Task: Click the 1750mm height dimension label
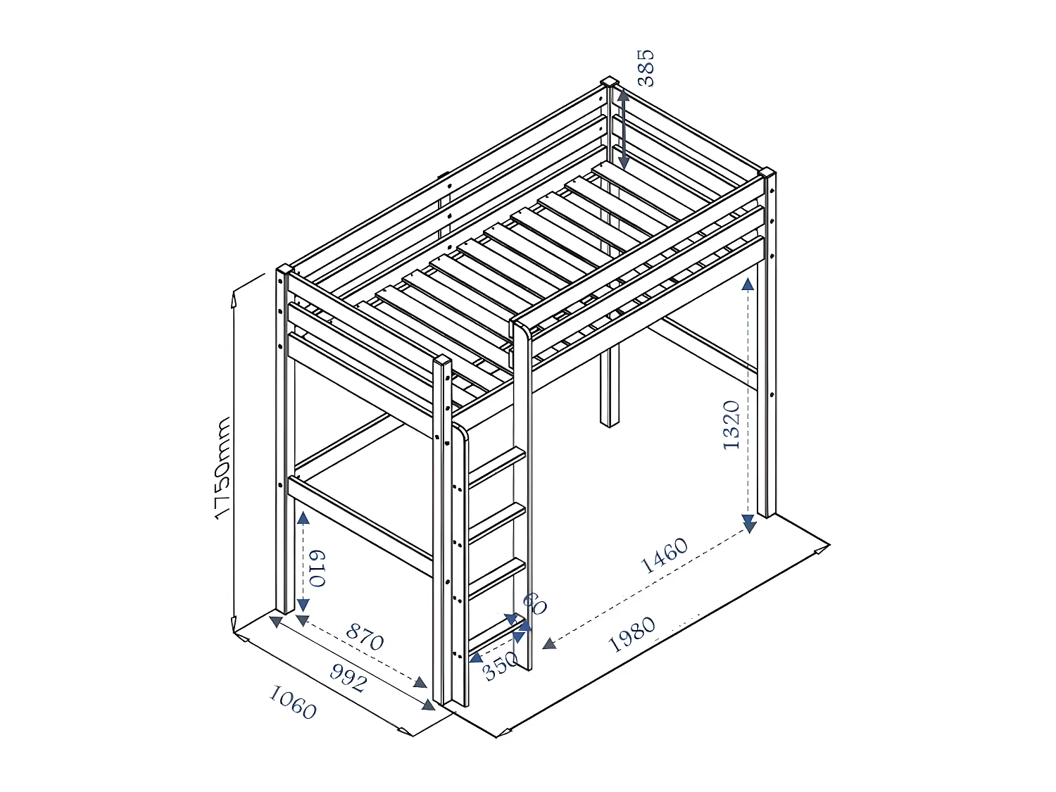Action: click(x=222, y=469)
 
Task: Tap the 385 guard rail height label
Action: click(x=645, y=68)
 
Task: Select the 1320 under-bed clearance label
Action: click(x=731, y=425)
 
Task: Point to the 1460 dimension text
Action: click(x=664, y=555)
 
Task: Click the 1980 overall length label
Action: click(x=631, y=634)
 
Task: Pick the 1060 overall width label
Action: click(x=292, y=703)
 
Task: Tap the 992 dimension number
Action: click(x=348, y=678)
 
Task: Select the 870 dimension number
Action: click(x=365, y=636)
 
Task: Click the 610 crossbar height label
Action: click(x=318, y=567)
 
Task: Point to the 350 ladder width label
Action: click(x=500, y=665)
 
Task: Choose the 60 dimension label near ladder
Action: click(x=534, y=603)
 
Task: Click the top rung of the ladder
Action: click(x=497, y=465)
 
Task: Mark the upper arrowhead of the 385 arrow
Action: click(x=623, y=95)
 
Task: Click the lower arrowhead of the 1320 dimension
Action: click(x=748, y=524)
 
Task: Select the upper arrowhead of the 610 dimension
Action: click(x=303, y=517)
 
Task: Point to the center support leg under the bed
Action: click(x=610, y=387)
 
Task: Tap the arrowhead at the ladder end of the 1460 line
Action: click(x=549, y=643)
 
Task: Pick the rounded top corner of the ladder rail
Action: click(x=461, y=430)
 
